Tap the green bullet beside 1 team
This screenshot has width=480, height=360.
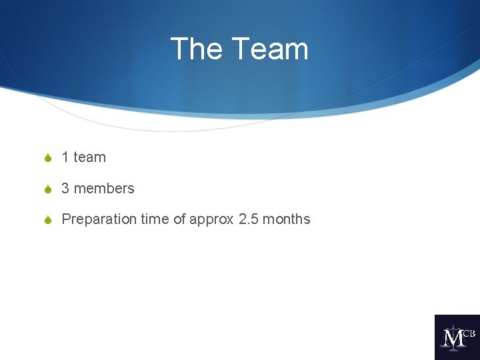pyautogui.click(x=47, y=158)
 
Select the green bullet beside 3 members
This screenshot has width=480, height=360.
pyautogui.click(x=47, y=189)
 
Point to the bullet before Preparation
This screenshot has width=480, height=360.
pyautogui.click(x=47, y=220)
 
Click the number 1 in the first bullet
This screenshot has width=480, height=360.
pyautogui.click(x=65, y=157)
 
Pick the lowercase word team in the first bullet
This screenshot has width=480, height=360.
pyautogui.click(x=89, y=157)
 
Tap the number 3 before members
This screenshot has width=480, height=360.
pyautogui.click(x=65, y=189)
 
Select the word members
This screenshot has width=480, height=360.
pyautogui.click(x=104, y=189)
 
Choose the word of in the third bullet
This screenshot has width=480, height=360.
pyautogui.click(x=179, y=219)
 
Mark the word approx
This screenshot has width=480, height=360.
pyautogui.click(x=211, y=220)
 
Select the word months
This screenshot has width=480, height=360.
pyautogui.click(x=287, y=219)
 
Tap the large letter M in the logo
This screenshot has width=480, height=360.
pyautogui.click(x=453, y=339)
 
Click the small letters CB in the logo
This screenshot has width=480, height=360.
pyautogui.click(x=469, y=333)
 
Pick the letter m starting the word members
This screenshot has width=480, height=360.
pyautogui.click(x=79, y=189)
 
